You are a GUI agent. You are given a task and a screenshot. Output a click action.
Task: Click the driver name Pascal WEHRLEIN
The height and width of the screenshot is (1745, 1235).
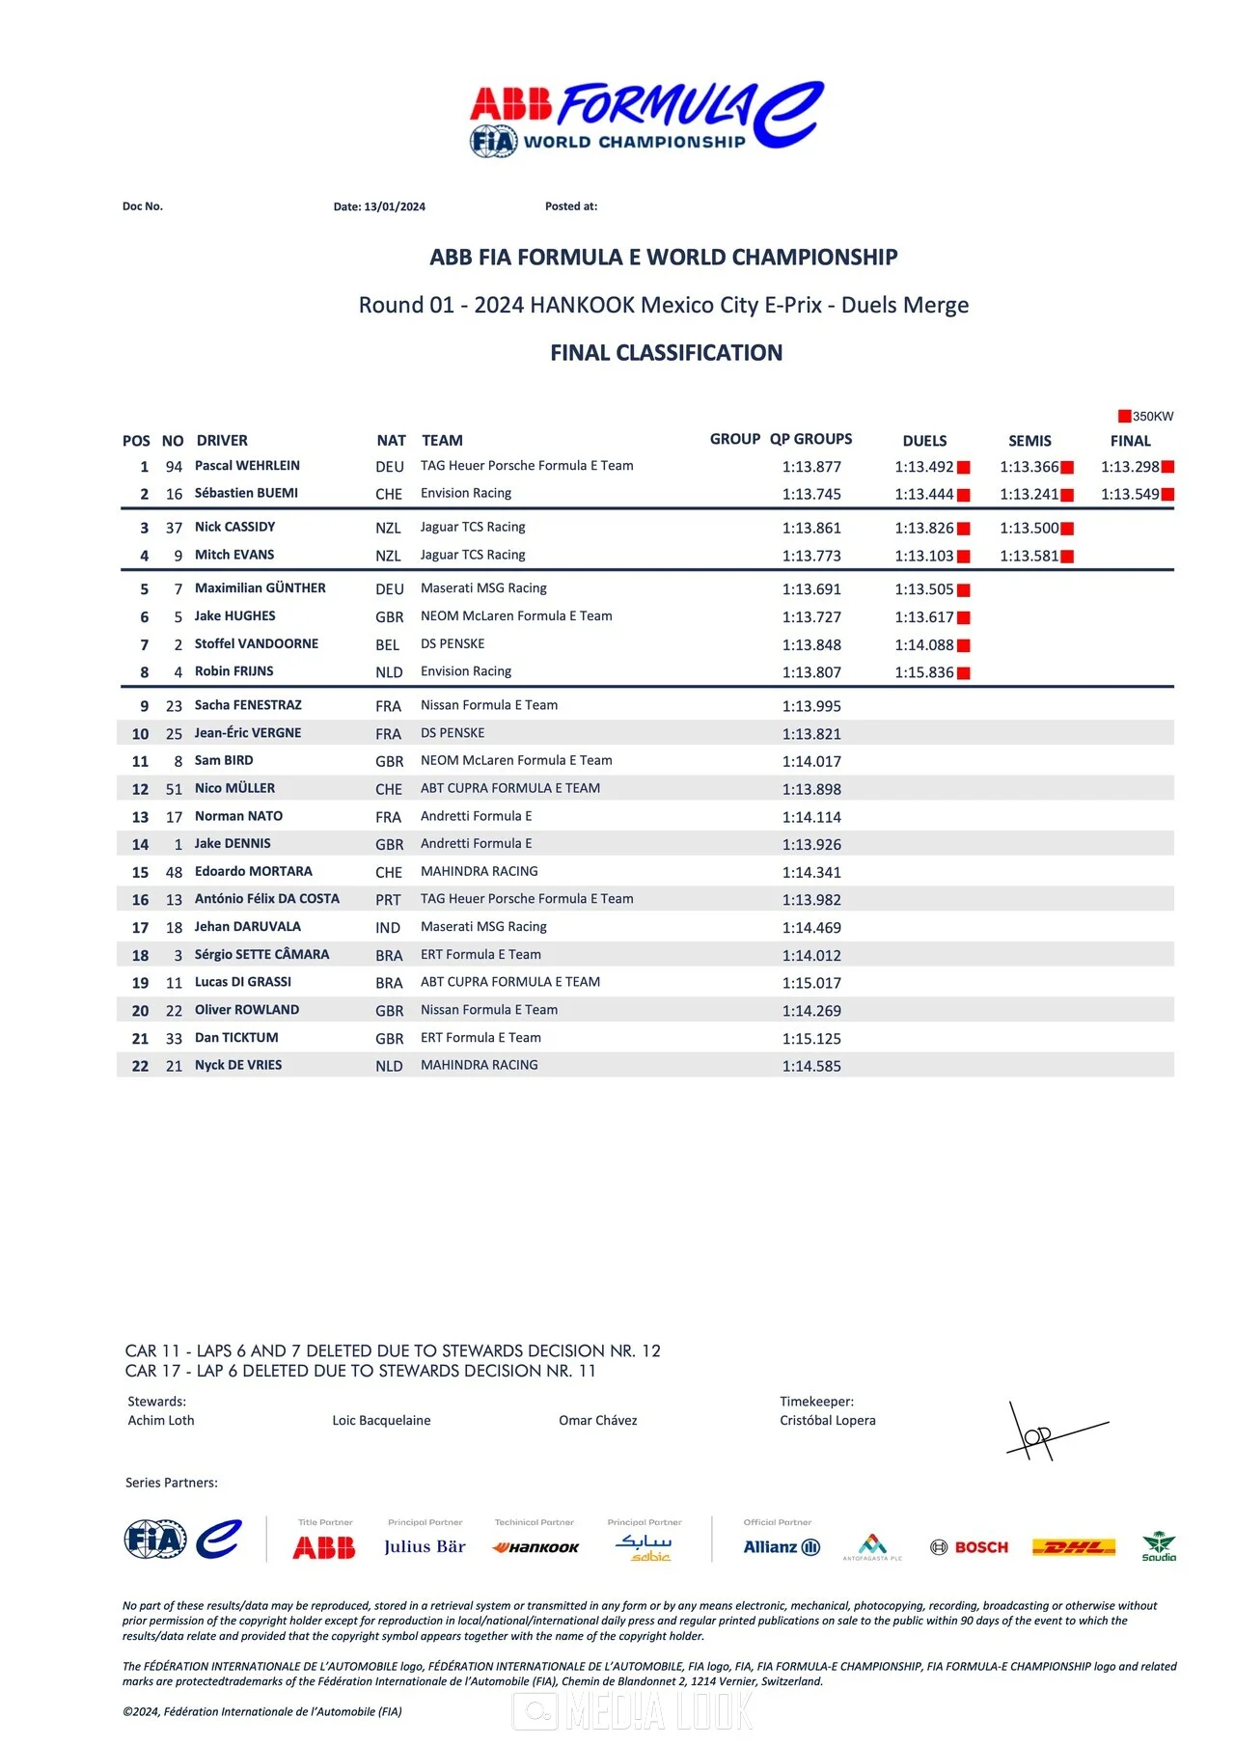(x=247, y=466)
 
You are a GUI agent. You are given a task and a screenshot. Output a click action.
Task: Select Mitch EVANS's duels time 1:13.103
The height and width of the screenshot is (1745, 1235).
(x=923, y=556)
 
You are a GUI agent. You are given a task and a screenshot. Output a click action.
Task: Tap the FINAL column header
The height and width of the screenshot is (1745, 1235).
(x=1130, y=441)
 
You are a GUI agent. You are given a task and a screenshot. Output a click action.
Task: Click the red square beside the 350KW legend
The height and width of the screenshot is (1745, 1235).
(x=1124, y=417)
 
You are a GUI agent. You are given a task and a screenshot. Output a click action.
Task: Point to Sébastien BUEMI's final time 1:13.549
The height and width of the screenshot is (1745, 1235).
(x=1130, y=494)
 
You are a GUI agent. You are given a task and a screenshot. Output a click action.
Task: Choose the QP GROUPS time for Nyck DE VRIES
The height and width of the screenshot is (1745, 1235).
(x=811, y=1066)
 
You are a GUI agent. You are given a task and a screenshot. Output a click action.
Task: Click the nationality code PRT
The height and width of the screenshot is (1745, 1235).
(x=388, y=900)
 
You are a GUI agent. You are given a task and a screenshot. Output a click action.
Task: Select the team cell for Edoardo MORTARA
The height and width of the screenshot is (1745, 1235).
(x=480, y=871)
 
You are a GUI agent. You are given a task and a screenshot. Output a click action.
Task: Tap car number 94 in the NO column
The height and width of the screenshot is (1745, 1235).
(x=174, y=467)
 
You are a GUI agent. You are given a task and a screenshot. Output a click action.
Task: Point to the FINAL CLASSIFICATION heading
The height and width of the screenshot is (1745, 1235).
(x=666, y=353)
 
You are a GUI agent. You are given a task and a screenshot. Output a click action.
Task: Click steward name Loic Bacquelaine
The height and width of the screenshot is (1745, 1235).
(x=381, y=1420)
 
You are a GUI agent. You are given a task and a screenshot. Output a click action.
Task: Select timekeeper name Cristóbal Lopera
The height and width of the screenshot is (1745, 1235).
(x=828, y=1420)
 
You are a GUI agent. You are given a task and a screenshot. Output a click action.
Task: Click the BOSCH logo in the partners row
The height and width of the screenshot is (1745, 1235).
(x=970, y=1547)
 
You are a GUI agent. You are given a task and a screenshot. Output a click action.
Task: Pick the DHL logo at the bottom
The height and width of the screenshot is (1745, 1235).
(x=1073, y=1547)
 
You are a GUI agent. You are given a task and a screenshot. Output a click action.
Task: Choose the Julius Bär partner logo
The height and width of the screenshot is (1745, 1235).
(x=425, y=1546)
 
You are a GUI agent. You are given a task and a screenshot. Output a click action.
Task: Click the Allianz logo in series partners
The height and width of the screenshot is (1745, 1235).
(x=782, y=1547)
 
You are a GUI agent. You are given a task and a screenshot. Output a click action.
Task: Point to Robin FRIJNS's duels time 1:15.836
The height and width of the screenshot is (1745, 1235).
(x=923, y=672)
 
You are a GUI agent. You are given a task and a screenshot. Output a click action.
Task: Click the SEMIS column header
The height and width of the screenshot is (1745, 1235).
(x=1029, y=441)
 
